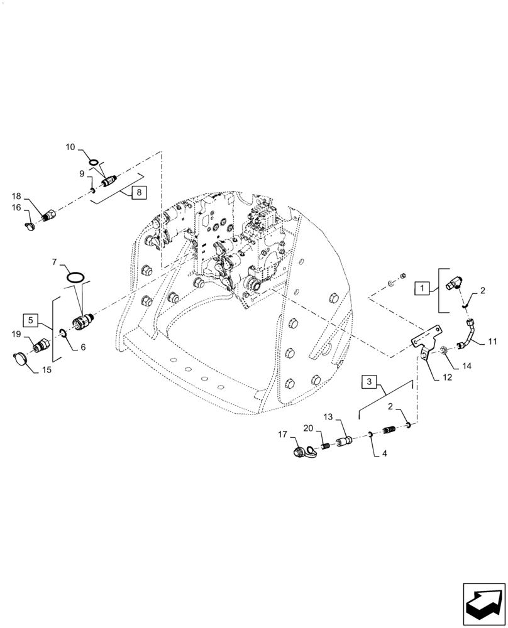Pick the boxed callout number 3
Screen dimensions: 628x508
370,382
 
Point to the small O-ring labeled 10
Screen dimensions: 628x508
94,163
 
